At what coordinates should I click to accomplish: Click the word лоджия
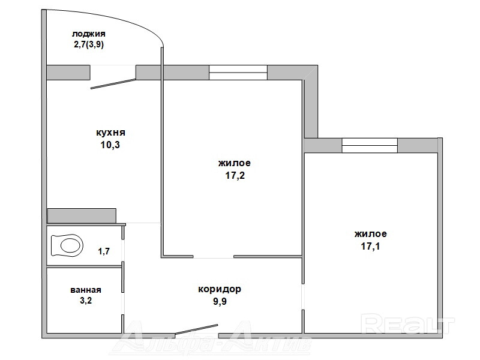88,34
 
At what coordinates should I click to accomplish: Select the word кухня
110,133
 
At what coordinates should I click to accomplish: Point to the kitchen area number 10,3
110,145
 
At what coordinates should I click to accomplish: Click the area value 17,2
235,175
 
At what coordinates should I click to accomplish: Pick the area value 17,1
370,246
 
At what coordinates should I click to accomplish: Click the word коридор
220,289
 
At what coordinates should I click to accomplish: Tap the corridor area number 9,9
220,302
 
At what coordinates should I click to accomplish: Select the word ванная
86,290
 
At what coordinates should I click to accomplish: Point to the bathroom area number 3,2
86,301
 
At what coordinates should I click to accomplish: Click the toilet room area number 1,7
103,251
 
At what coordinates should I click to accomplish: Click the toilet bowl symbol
67,245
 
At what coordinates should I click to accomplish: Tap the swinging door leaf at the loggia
113,84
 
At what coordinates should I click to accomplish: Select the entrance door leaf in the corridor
196,329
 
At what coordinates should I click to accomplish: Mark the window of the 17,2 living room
238,73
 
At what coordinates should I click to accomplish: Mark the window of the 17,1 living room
370,145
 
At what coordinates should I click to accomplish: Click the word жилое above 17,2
235,163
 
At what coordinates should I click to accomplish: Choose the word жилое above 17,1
370,234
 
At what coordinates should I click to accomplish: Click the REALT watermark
407,324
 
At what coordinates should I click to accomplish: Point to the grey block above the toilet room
82,216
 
